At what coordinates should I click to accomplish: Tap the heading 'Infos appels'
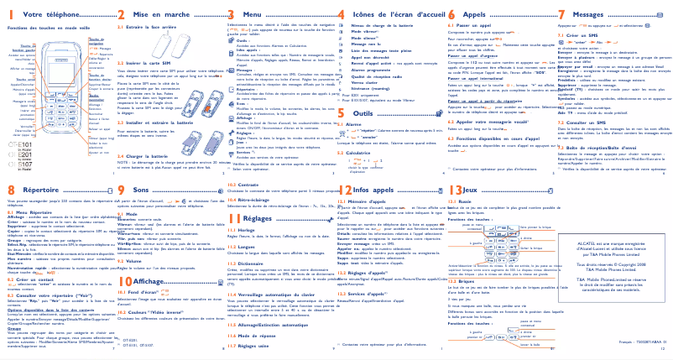pos(373,190)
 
